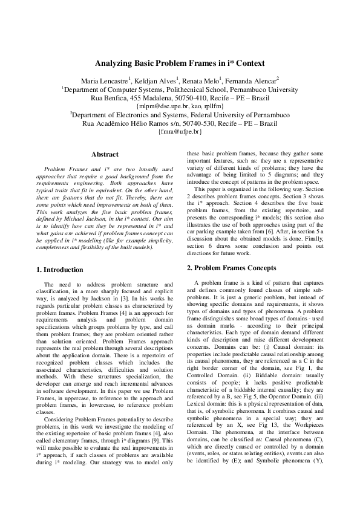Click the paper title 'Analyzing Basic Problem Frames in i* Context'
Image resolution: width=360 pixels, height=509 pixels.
[180, 63]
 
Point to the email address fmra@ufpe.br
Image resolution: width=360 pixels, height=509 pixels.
[180, 131]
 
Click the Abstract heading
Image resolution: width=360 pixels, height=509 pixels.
[105, 155]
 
